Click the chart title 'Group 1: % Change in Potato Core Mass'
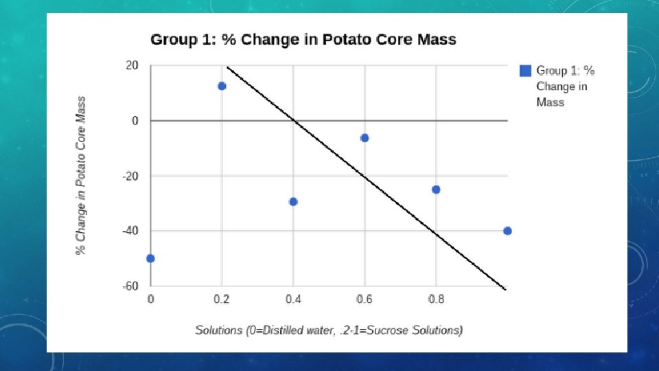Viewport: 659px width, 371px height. [x=303, y=40]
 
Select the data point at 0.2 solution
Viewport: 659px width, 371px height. [x=222, y=86]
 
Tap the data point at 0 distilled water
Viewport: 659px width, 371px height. [x=150, y=258]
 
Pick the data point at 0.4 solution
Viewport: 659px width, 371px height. [x=293, y=201]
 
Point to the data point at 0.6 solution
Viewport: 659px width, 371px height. [x=365, y=138]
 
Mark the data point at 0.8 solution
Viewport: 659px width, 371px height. [x=436, y=189]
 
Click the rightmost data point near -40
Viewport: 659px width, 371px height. [x=507, y=231]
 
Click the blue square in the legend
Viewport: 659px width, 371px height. [x=525, y=70]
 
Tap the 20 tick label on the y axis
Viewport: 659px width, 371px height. [x=131, y=66]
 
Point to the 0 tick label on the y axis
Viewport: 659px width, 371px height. [x=135, y=121]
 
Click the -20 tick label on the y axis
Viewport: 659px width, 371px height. [x=130, y=176]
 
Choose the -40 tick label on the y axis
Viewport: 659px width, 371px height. [x=130, y=231]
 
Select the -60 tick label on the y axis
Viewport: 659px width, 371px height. [x=130, y=286]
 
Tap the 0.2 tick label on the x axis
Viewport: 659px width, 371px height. [x=222, y=300]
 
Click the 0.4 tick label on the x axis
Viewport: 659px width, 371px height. [x=293, y=300]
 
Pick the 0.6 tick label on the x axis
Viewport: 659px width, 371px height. [x=365, y=300]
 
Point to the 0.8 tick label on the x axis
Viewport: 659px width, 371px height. [x=436, y=300]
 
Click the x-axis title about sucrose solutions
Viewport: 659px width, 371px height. [x=329, y=330]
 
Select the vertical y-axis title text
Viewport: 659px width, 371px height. [x=81, y=175]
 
